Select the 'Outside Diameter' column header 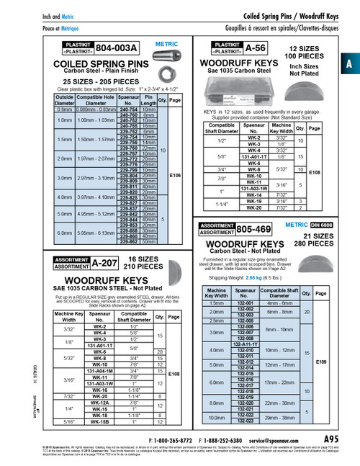pos(65,100)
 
